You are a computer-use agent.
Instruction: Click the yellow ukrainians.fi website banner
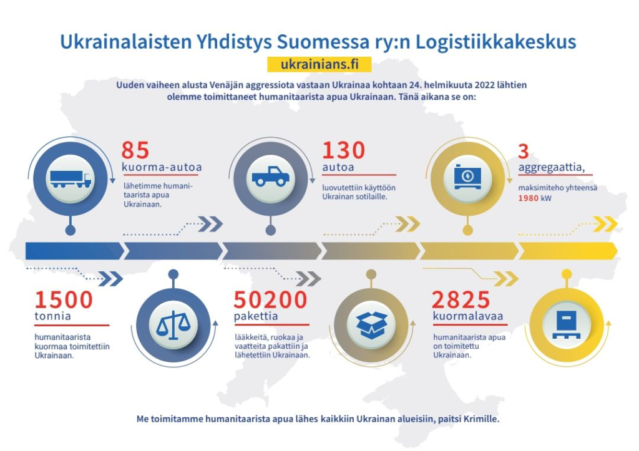click(318, 65)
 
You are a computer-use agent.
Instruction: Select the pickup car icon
click(270, 177)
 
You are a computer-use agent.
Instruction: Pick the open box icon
click(371, 324)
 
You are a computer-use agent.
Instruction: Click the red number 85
click(135, 151)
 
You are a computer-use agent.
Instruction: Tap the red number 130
click(343, 151)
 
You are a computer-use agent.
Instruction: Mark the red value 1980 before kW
click(528, 198)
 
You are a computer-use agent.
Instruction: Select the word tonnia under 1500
click(52, 316)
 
